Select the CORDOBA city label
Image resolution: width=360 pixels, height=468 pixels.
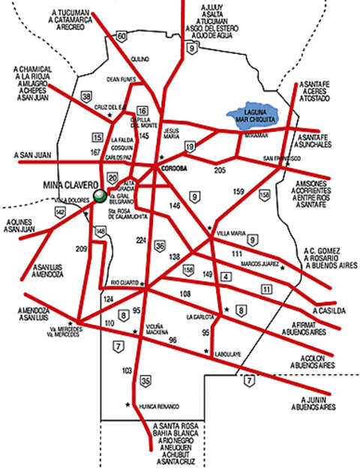[174, 170]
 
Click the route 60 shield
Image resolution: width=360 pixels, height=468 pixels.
[123, 36]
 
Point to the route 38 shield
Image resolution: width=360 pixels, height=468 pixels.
[87, 97]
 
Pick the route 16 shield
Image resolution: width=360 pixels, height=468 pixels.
[142, 111]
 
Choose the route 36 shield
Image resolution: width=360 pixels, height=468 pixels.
[160, 245]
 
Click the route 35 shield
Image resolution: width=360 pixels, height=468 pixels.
[145, 381]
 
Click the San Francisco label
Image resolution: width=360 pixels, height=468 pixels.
[281, 159]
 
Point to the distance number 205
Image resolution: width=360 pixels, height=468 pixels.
[220, 172]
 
